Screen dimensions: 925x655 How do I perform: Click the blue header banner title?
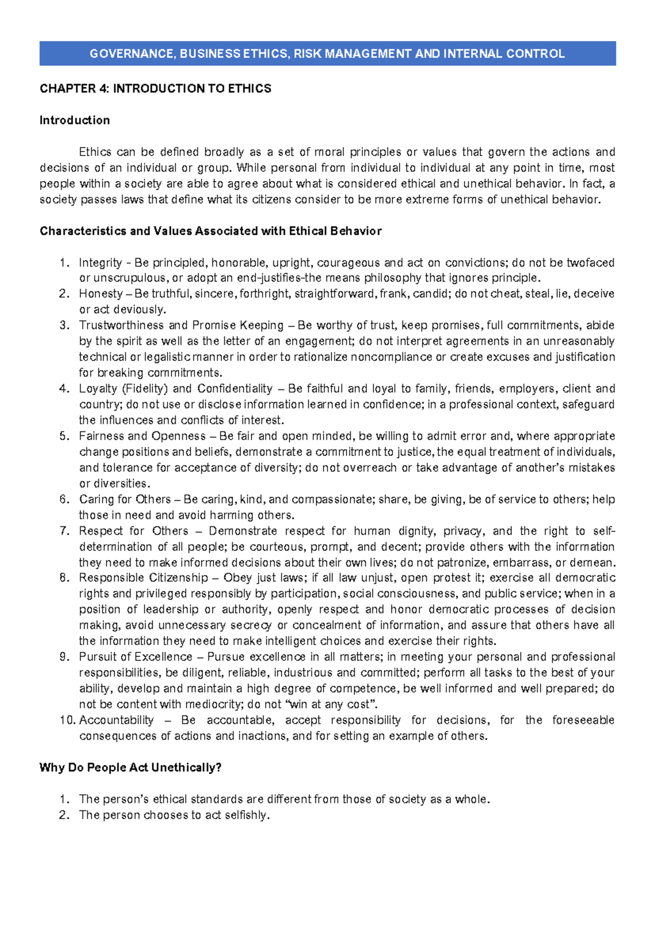[327, 53]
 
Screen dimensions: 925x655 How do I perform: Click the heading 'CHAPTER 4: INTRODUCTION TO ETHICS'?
[155, 88]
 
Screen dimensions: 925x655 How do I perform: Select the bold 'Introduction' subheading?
[75, 120]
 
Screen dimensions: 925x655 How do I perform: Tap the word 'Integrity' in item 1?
[100, 262]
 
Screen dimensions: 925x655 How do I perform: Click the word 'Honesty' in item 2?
[101, 293]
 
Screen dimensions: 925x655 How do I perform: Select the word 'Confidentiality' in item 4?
[235, 388]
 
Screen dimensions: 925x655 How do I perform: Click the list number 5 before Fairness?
[64, 436]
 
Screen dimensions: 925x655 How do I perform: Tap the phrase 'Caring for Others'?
[125, 499]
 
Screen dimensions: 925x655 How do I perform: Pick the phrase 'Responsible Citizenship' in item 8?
[144, 578]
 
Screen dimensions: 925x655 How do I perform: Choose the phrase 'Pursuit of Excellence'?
[135, 657]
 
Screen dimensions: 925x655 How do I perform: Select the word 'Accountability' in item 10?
[116, 720]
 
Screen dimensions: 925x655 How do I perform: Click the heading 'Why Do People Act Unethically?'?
[130, 767]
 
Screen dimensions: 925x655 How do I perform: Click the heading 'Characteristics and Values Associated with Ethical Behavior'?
[211, 231]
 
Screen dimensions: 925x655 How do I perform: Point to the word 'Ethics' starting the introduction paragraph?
[95, 152]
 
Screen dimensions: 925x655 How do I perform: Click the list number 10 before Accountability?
[68, 720]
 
